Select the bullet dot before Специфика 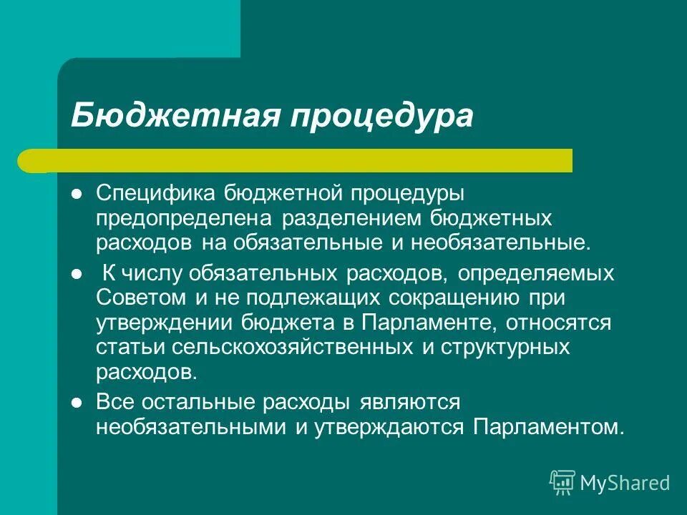tap(77, 194)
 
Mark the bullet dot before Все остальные tap(77, 403)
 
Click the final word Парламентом tap(547, 427)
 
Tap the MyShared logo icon tap(562, 482)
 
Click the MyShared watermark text tap(625, 483)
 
